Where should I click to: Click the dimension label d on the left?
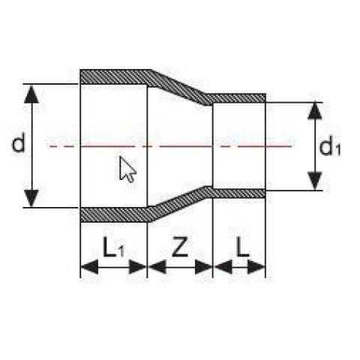tap(19, 142)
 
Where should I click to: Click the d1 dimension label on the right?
tap(330, 147)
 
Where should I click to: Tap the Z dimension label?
tap(180, 247)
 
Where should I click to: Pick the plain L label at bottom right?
tap(243, 247)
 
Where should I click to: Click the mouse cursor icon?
tap(127, 169)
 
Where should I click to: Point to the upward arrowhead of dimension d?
tap(31, 94)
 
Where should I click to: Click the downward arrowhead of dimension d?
tap(31, 198)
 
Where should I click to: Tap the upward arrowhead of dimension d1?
tap(315, 111)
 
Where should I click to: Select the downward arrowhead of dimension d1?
tap(315, 181)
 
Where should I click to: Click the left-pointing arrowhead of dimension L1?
tap(89, 267)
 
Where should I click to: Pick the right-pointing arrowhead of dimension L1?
tap(137, 267)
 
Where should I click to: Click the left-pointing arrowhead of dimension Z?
tap(157, 267)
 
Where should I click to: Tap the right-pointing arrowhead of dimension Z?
tap(204, 267)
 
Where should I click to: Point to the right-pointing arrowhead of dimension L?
tap(256, 267)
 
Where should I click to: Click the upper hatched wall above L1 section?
tap(115, 76)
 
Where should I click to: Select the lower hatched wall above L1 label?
tap(115, 214)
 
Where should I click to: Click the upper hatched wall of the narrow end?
tap(238, 98)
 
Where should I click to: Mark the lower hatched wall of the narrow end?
tap(238, 193)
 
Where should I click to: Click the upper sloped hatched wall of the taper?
tap(181, 88)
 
